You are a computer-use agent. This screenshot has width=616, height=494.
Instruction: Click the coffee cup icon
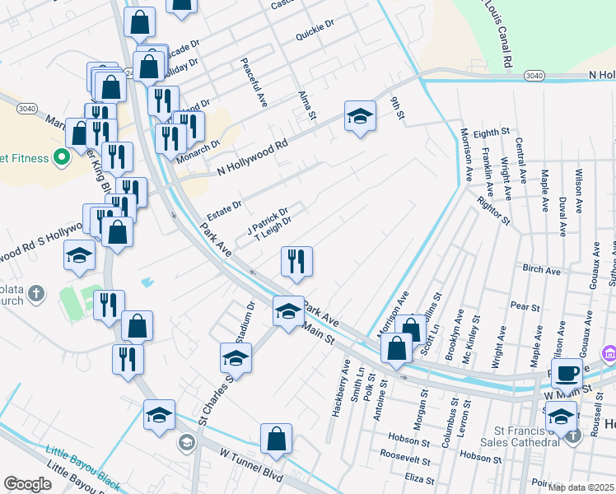[x=567, y=373]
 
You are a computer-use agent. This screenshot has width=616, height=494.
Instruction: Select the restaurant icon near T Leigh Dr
[x=296, y=261]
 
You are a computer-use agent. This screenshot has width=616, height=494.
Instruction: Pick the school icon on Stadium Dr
[x=235, y=358]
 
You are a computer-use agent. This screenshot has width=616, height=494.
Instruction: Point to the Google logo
[x=26, y=484]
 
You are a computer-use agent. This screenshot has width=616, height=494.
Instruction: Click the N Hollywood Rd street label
[x=252, y=156]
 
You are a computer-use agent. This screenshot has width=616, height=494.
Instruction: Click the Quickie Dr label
[x=316, y=37]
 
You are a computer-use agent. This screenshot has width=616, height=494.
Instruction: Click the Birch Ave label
[x=541, y=269]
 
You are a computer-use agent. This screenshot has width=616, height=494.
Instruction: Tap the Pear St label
[x=525, y=306]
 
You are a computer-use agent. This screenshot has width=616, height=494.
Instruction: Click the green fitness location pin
[x=60, y=156]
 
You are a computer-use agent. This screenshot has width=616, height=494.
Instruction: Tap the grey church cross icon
[x=36, y=292]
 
